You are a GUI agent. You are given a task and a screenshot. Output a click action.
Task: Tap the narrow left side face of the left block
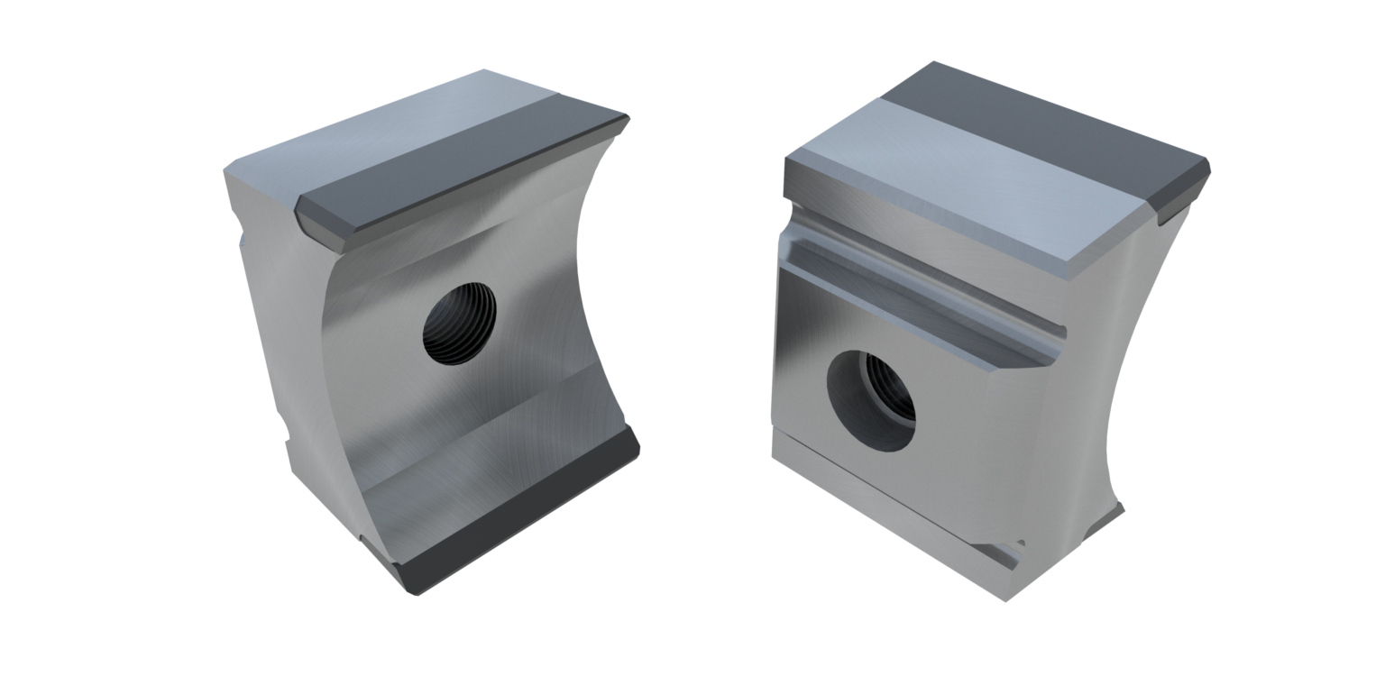click(x=271, y=315)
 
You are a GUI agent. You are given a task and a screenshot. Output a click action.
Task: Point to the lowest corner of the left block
click(x=417, y=590)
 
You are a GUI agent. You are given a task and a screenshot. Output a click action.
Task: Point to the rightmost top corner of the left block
click(x=628, y=116)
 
